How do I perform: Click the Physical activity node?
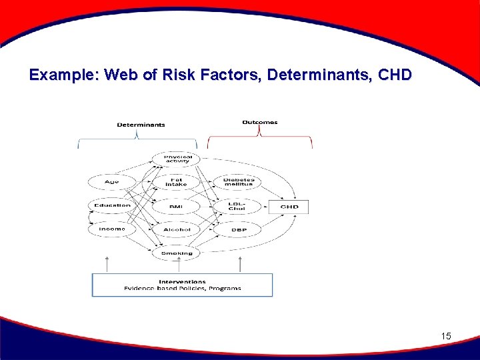click(177, 159)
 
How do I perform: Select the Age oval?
click(112, 182)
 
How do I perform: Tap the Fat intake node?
click(177, 181)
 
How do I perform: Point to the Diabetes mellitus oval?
click(238, 181)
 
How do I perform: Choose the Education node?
click(112, 205)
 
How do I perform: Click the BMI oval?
click(177, 207)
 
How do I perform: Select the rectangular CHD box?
click(289, 207)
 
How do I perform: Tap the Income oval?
click(112, 229)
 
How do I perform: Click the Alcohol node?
click(177, 229)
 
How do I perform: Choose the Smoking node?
click(177, 253)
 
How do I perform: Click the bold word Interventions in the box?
click(182, 281)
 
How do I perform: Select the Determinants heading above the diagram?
click(141, 125)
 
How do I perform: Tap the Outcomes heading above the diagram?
click(259, 122)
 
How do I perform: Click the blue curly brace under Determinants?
click(138, 140)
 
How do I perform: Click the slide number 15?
click(446, 337)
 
